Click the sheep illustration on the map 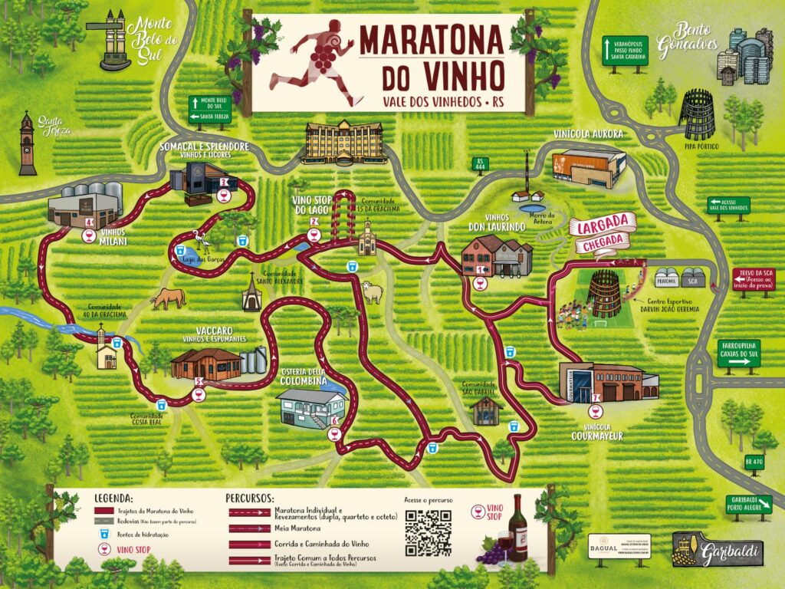pyautogui.click(x=372, y=291)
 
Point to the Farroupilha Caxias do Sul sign pyautogui.click(x=740, y=357)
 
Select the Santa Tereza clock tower pyautogui.click(x=28, y=143)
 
